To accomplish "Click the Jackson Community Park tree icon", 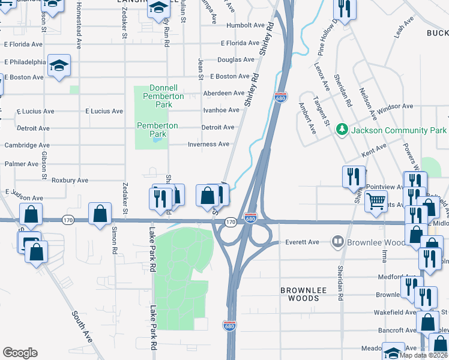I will [x=342, y=130].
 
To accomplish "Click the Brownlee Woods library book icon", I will [x=337, y=242].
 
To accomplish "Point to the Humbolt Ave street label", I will [x=246, y=26].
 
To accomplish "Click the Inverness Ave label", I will [x=208, y=145].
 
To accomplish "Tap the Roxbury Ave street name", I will [x=70, y=180].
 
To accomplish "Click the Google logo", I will [x=20, y=353].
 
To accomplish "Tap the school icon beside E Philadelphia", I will [x=59, y=64].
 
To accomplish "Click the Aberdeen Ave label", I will [x=224, y=93].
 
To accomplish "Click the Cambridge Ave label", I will [x=27, y=145].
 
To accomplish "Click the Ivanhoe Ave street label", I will [x=221, y=110].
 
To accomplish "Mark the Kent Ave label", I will [x=374, y=149].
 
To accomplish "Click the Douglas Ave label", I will [x=235, y=60].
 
